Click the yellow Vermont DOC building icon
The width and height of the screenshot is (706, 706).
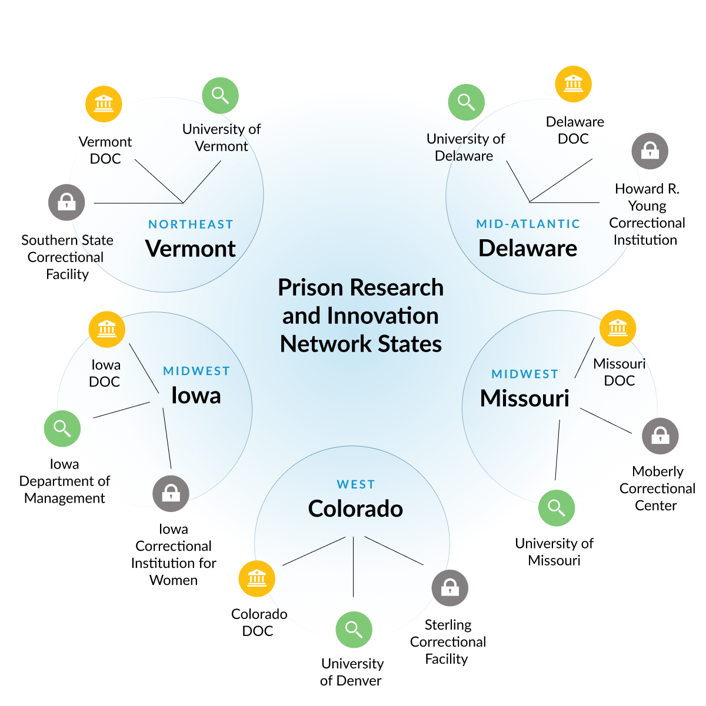click(x=104, y=104)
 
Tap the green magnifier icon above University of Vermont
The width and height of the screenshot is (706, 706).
click(x=220, y=95)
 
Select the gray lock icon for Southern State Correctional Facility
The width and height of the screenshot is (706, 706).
click(x=66, y=202)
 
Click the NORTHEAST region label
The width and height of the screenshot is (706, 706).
click(x=191, y=224)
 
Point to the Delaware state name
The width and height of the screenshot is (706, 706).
click(x=528, y=248)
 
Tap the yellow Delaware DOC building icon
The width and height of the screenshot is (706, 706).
click(x=573, y=83)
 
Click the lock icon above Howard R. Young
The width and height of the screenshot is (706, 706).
click(x=650, y=150)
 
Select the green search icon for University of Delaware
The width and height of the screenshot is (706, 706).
click(x=466, y=102)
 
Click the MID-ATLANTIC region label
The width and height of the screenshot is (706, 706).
click(x=528, y=224)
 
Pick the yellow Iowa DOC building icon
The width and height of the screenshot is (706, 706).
click(x=106, y=329)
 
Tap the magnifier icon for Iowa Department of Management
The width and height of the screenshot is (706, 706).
click(x=62, y=428)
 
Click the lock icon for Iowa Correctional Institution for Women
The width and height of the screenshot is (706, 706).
click(x=171, y=493)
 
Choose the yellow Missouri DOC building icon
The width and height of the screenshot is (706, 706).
click(x=618, y=327)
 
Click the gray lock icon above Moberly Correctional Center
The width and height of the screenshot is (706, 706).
click(x=660, y=436)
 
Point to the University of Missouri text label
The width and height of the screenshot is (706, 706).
click(x=554, y=551)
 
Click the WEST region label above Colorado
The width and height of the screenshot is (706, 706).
click(x=355, y=484)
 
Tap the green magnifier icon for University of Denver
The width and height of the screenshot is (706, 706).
click(x=354, y=630)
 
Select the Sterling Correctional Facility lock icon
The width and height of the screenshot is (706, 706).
click(x=449, y=587)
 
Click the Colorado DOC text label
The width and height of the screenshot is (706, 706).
click(x=259, y=622)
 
